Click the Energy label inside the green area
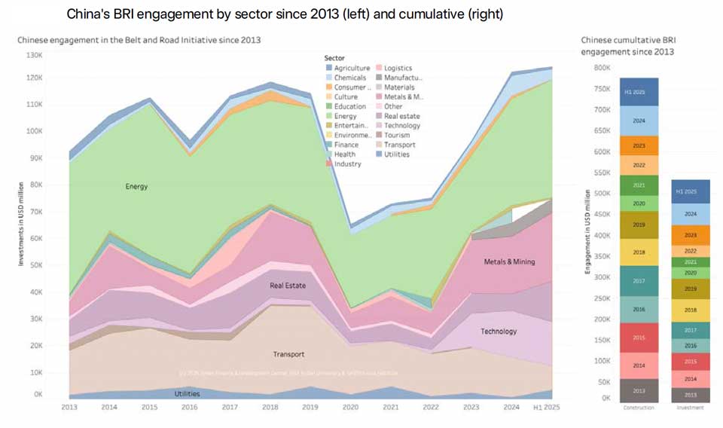(x=136, y=186)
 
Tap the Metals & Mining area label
(x=508, y=261)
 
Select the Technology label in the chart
(x=499, y=331)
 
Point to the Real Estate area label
(x=288, y=286)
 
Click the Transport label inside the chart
(x=288, y=354)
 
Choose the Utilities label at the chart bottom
(x=188, y=393)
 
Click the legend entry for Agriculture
(x=347, y=68)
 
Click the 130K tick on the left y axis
(x=35, y=55)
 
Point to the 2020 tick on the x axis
(x=349, y=408)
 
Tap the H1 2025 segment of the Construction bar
(x=639, y=92)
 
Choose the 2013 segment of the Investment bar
(x=690, y=395)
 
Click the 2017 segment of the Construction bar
(x=639, y=280)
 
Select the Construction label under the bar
(x=639, y=408)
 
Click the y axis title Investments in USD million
(x=23, y=224)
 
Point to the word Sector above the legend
(x=334, y=58)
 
